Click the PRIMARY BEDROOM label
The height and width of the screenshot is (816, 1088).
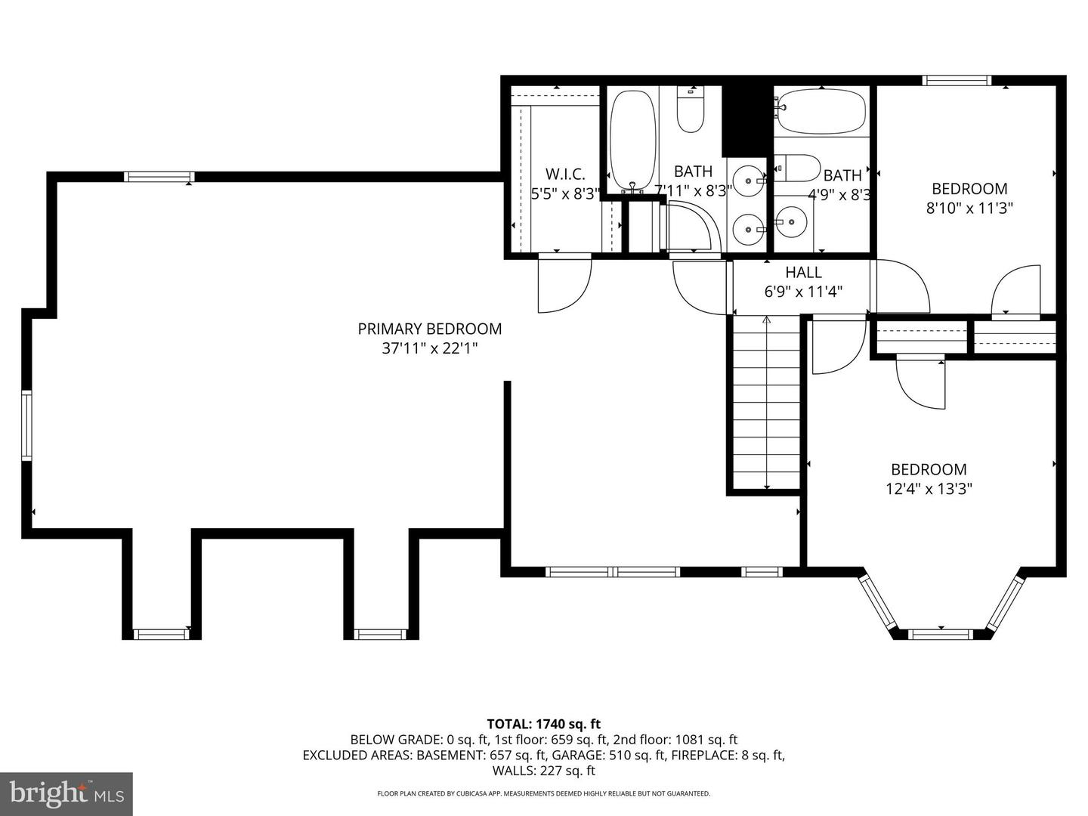pyautogui.click(x=429, y=329)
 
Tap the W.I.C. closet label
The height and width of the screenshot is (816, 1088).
pyautogui.click(x=565, y=174)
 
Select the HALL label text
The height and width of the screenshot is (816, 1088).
pyautogui.click(x=803, y=272)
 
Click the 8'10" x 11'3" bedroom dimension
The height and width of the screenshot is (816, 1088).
pyautogui.click(x=969, y=208)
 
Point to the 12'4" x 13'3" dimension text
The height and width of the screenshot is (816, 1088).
pyautogui.click(x=929, y=489)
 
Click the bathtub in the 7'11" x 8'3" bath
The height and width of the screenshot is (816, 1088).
pyautogui.click(x=633, y=140)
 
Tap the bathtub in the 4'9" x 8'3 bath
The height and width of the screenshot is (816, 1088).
pyautogui.click(x=821, y=112)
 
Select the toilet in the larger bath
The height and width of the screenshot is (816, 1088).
pyautogui.click(x=691, y=110)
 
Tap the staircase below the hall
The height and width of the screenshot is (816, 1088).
pyautogui.click(x=767, y=404)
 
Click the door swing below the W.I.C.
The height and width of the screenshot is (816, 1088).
pyautogui.click(x=563, y=285)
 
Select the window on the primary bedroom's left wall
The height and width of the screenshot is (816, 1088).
pyautogui.click(x=26, y=425)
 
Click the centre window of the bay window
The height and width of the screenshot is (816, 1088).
pyautogui.click(x=941, y=633)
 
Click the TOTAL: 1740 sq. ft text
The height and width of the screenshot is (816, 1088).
pyautogui.click(x=543, y=724)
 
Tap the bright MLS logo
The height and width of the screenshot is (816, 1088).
pyautogui.click(x=66, y=793)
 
